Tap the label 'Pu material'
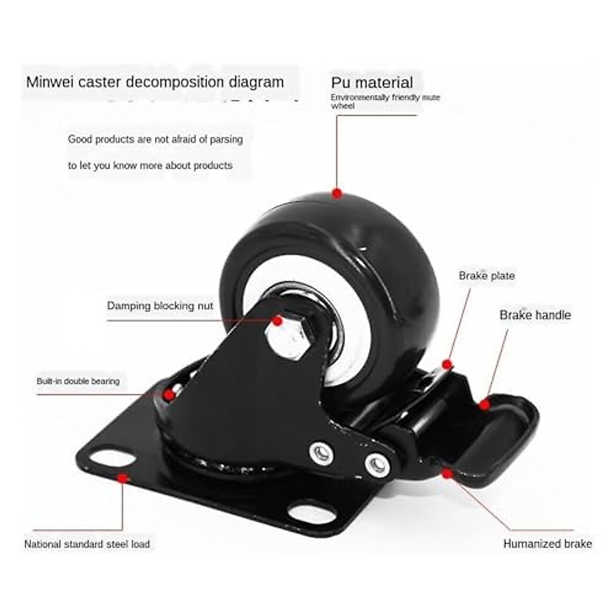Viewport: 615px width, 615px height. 372,83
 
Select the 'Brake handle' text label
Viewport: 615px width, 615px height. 535,315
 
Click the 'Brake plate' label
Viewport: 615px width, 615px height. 486,276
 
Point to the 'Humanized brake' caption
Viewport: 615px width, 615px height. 547,544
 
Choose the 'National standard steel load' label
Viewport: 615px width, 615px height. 87,544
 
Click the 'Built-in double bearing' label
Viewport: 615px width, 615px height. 78,381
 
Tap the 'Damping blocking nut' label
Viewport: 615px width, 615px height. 160,306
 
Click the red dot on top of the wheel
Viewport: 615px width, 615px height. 337,194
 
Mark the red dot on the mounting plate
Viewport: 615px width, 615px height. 122,478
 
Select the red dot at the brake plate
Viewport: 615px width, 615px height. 447,364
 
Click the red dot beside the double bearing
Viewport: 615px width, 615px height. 168,394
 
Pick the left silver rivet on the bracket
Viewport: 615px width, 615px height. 318,451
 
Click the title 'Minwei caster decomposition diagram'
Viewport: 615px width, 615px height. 155,82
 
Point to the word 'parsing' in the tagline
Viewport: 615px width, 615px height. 226,139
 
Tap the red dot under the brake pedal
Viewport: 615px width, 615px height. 447,473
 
